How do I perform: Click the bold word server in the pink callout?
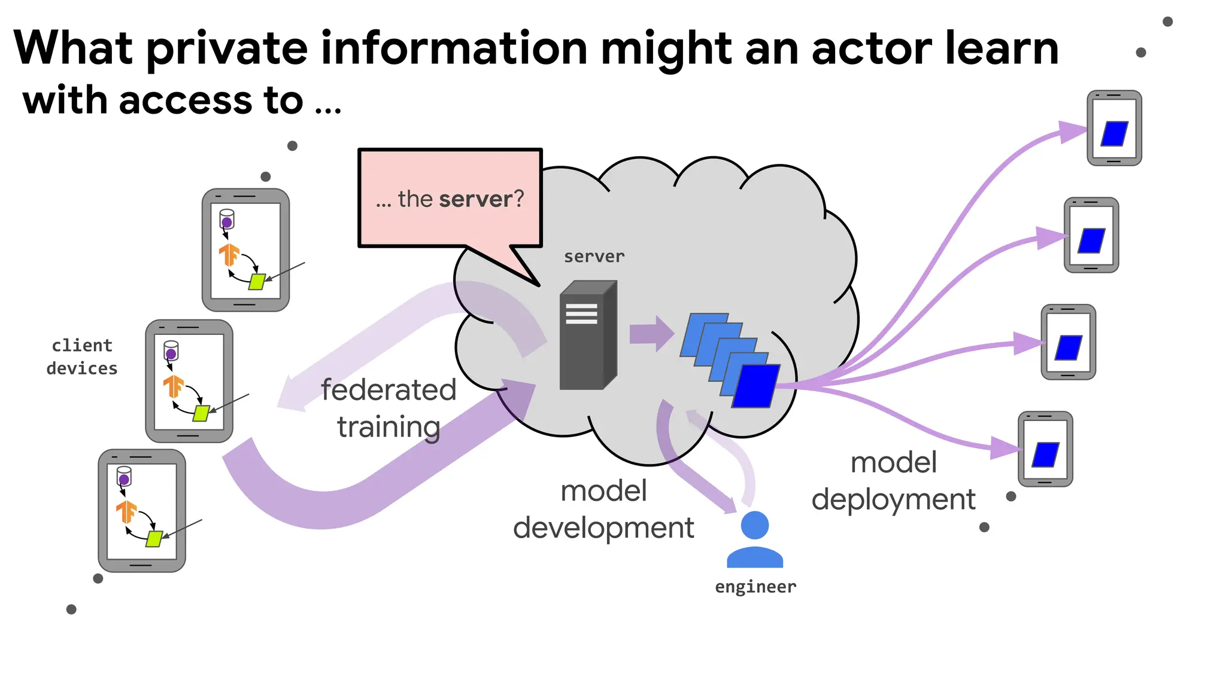(476, 199)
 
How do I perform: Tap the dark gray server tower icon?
(587, 336)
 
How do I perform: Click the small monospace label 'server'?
(594, 257)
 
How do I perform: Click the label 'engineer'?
(755, 587)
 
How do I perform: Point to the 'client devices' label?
(82, 357)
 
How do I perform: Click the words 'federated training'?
(389, 408)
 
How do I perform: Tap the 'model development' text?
(603, 509)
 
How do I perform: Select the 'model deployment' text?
(893, 481)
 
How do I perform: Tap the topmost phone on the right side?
(1114, 128)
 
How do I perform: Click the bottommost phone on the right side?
(1045, 449)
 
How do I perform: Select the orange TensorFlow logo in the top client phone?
(229, 254)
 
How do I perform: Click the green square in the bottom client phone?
(154, 538)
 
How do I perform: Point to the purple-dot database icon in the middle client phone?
(171, 351)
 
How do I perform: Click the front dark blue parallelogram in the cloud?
(756, 386)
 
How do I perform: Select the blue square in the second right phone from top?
(1091, 241)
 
